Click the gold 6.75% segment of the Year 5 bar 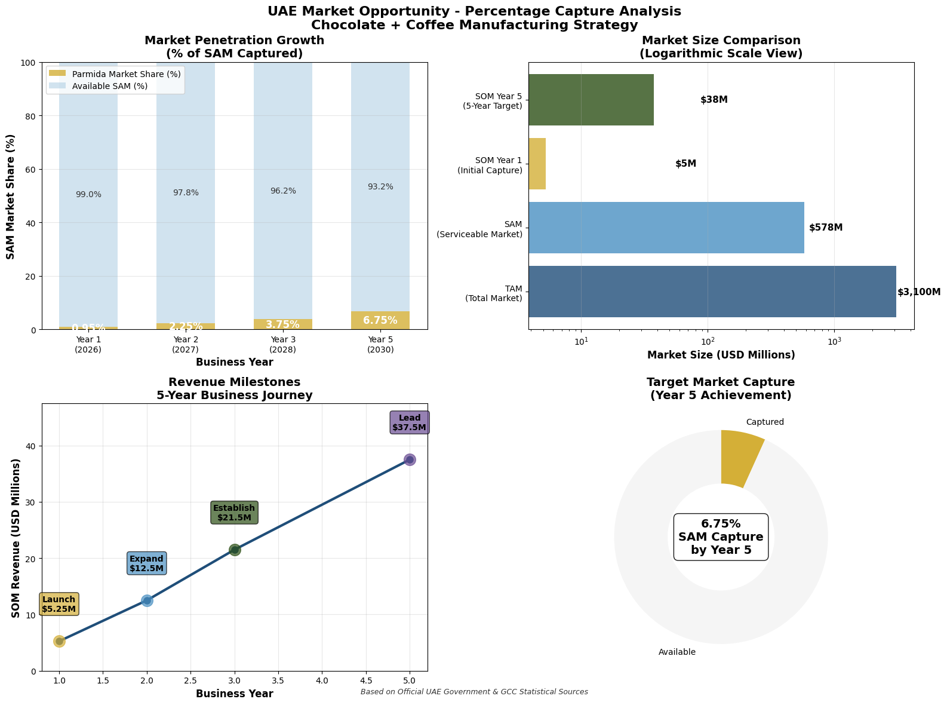380,321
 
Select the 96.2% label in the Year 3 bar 283,191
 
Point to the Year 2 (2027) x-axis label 186,344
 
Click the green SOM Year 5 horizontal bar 591,100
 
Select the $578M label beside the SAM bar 826,228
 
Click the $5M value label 685,164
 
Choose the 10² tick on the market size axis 708,341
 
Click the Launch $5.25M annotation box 59,604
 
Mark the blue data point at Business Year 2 147,600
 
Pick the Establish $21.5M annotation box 234,513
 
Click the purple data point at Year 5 410,459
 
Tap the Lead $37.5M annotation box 409,422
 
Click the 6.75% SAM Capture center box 721,537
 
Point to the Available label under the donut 677,652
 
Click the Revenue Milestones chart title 234,388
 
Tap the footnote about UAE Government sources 474,692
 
